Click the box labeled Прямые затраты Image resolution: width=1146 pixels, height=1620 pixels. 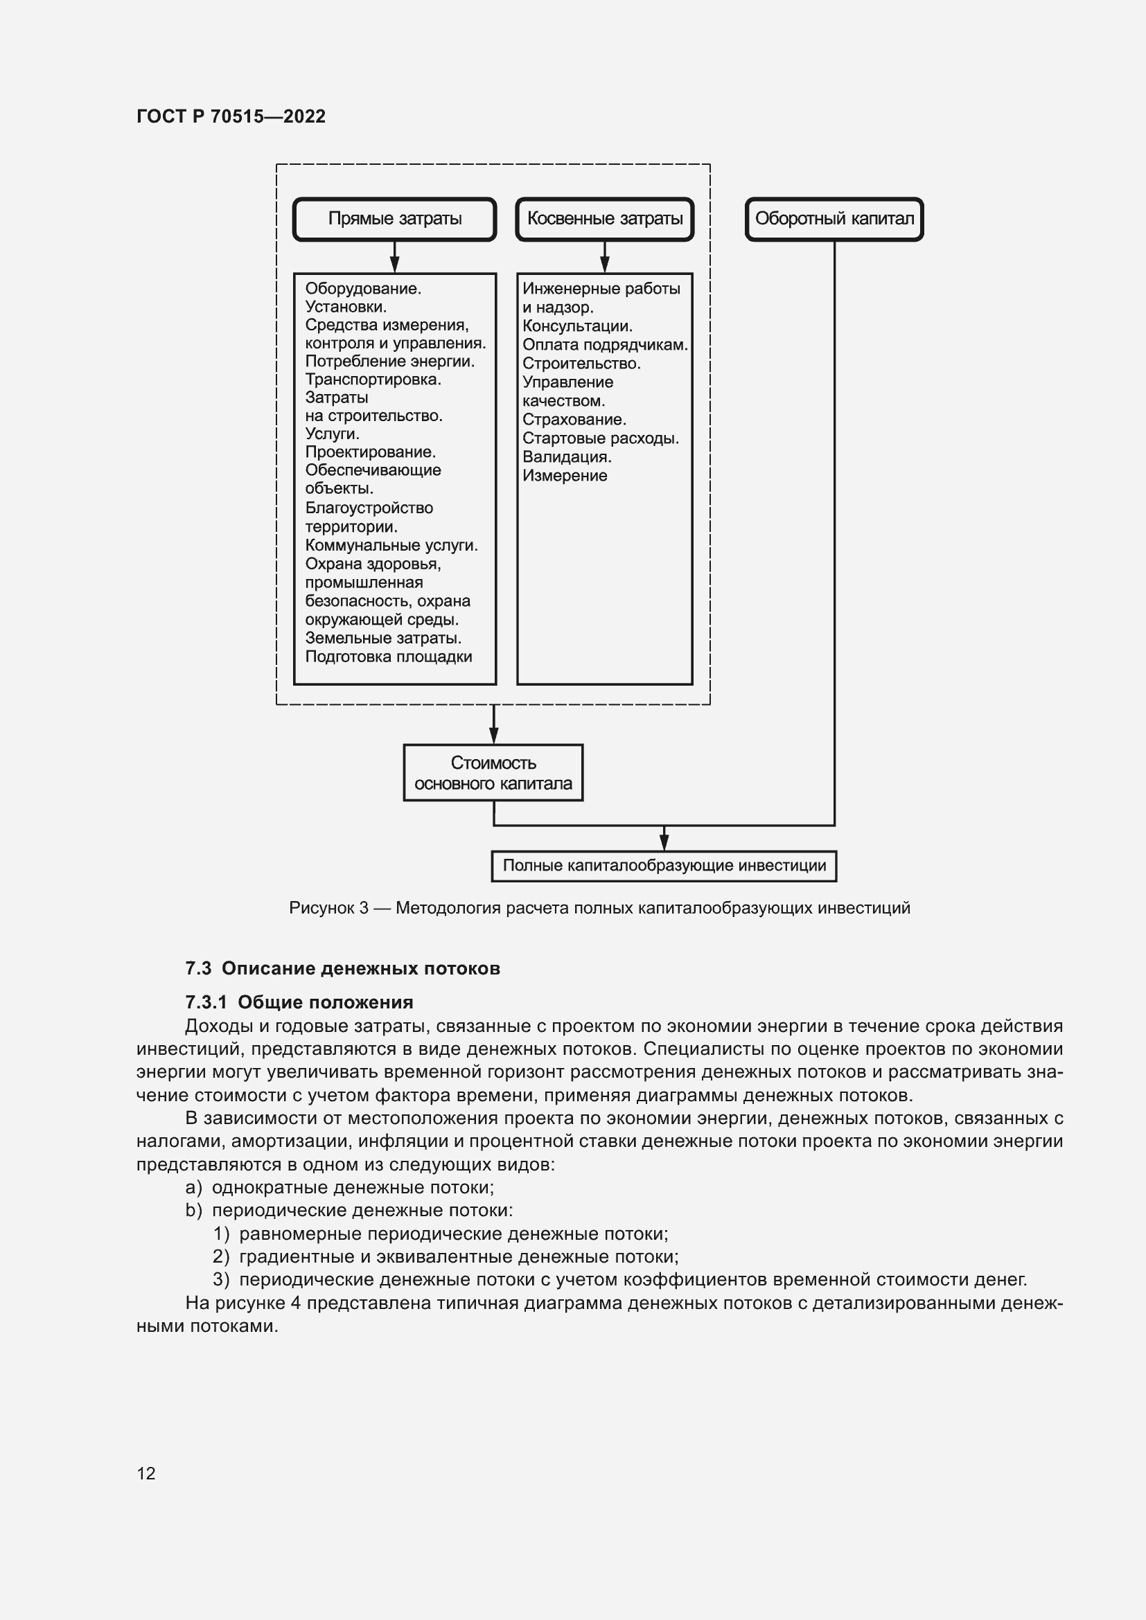pos(394,219)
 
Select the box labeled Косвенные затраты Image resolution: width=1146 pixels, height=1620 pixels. pos(605,219)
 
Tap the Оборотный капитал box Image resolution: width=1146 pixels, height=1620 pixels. pos(834,219)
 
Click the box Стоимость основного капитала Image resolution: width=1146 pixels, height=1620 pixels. pos(493,773)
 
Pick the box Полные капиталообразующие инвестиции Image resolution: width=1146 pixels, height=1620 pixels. pos(663,866)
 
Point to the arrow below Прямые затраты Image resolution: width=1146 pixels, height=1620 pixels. pos(394,258)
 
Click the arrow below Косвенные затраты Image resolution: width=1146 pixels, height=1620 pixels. pos(605,258)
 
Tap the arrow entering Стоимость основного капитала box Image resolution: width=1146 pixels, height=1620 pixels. pos(493,727)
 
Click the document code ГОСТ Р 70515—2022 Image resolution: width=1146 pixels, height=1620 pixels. pos(231,116)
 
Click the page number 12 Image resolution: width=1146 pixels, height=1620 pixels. pos(146,1473)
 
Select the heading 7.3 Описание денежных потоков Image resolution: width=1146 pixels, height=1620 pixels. pos(342,968)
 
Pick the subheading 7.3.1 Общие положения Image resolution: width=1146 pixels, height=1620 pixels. pos(299,1003)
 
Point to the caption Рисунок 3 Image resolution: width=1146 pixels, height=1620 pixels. pos(599,908)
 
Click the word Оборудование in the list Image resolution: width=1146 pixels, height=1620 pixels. pos(362,289)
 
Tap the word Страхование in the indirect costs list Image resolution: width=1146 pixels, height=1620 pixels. pos(574,420)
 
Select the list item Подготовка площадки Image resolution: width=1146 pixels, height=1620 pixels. pos(388,657)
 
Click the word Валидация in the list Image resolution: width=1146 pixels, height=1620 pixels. pos(566,457)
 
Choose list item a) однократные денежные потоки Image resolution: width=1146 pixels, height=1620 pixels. pos(340,1188)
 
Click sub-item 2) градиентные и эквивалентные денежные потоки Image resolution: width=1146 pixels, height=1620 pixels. pos(446,1256)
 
